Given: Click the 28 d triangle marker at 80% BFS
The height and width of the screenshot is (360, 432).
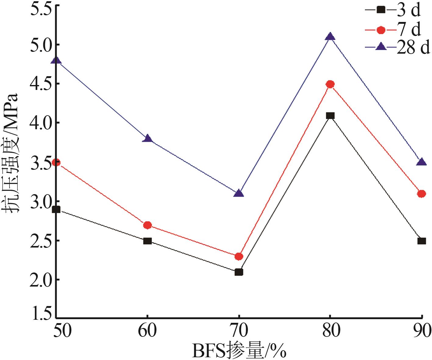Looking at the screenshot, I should tap(330, 37).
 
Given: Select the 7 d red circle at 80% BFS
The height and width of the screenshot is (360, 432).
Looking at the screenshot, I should tap(330, 84).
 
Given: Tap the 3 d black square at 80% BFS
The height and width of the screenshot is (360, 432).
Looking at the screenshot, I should tap(330, 116).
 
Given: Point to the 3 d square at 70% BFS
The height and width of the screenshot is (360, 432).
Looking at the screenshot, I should tap(239, 272).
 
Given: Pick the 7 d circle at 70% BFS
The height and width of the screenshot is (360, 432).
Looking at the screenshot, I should tap(239, 256).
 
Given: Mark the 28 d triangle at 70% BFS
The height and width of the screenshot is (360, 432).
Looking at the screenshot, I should tap(239, 193).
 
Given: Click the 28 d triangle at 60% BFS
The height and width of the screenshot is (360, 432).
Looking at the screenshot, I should tap(148, 138).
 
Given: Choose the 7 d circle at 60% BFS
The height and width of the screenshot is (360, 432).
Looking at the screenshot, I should tap(148, 225).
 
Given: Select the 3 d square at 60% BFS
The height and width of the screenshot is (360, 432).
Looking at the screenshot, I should tap(148, 241).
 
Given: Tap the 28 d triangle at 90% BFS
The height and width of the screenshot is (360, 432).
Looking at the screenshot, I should tap(421, 162).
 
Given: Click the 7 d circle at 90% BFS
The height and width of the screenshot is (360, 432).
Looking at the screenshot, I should tap(421, 194).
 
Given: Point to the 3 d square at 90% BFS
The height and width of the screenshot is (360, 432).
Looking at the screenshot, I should tap(421, 241).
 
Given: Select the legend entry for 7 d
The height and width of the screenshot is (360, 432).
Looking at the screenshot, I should tap(393, 30).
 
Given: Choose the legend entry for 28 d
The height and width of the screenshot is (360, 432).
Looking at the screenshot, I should tap(396, 48).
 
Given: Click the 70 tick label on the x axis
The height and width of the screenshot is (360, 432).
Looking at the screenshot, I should tap(239, 331).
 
